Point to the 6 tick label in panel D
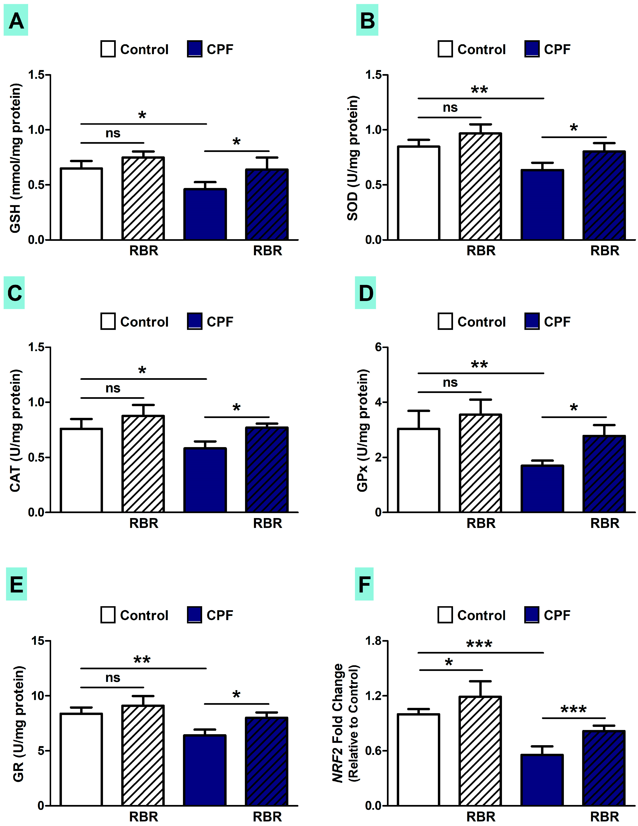(x=378, y=347)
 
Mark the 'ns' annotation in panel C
(x=112, y=388)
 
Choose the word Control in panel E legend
(x=144, y=615)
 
